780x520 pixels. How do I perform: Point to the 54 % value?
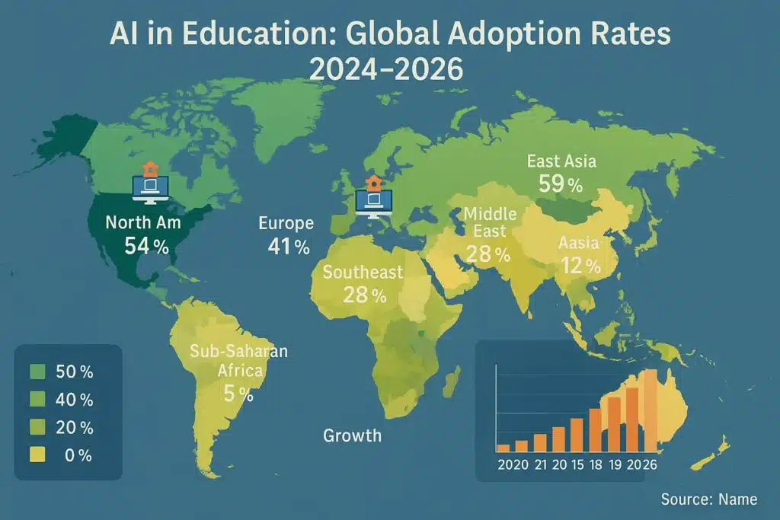pos(147,246)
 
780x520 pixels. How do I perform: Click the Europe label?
pos(286,223)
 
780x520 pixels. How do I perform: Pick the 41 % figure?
pos(289,247)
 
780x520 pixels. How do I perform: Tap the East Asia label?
pos(561,161)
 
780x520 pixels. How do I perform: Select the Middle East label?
pos(490,222)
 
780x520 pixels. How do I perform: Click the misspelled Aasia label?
pos(578,244)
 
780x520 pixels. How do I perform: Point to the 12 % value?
pos(580,266)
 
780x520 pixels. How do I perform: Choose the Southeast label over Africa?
pos(363,273)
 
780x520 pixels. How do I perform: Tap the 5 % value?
pos(238,394)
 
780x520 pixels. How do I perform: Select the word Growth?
pos(352,435)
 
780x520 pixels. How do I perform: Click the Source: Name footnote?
pos(708,499)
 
